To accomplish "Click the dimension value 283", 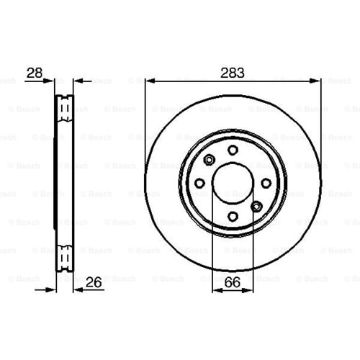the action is (233, 73).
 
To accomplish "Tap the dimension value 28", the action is (35, 73).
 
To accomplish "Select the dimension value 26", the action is (94, 282).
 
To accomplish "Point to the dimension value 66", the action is (233, 282).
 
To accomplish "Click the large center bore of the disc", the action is (233, 184).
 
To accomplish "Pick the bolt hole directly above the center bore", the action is (233, 150).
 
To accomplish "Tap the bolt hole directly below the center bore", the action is (233, 217).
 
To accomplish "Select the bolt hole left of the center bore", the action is (199, 184).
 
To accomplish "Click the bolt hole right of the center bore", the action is (266, 184).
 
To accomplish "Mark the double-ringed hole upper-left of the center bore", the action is (209, 160).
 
